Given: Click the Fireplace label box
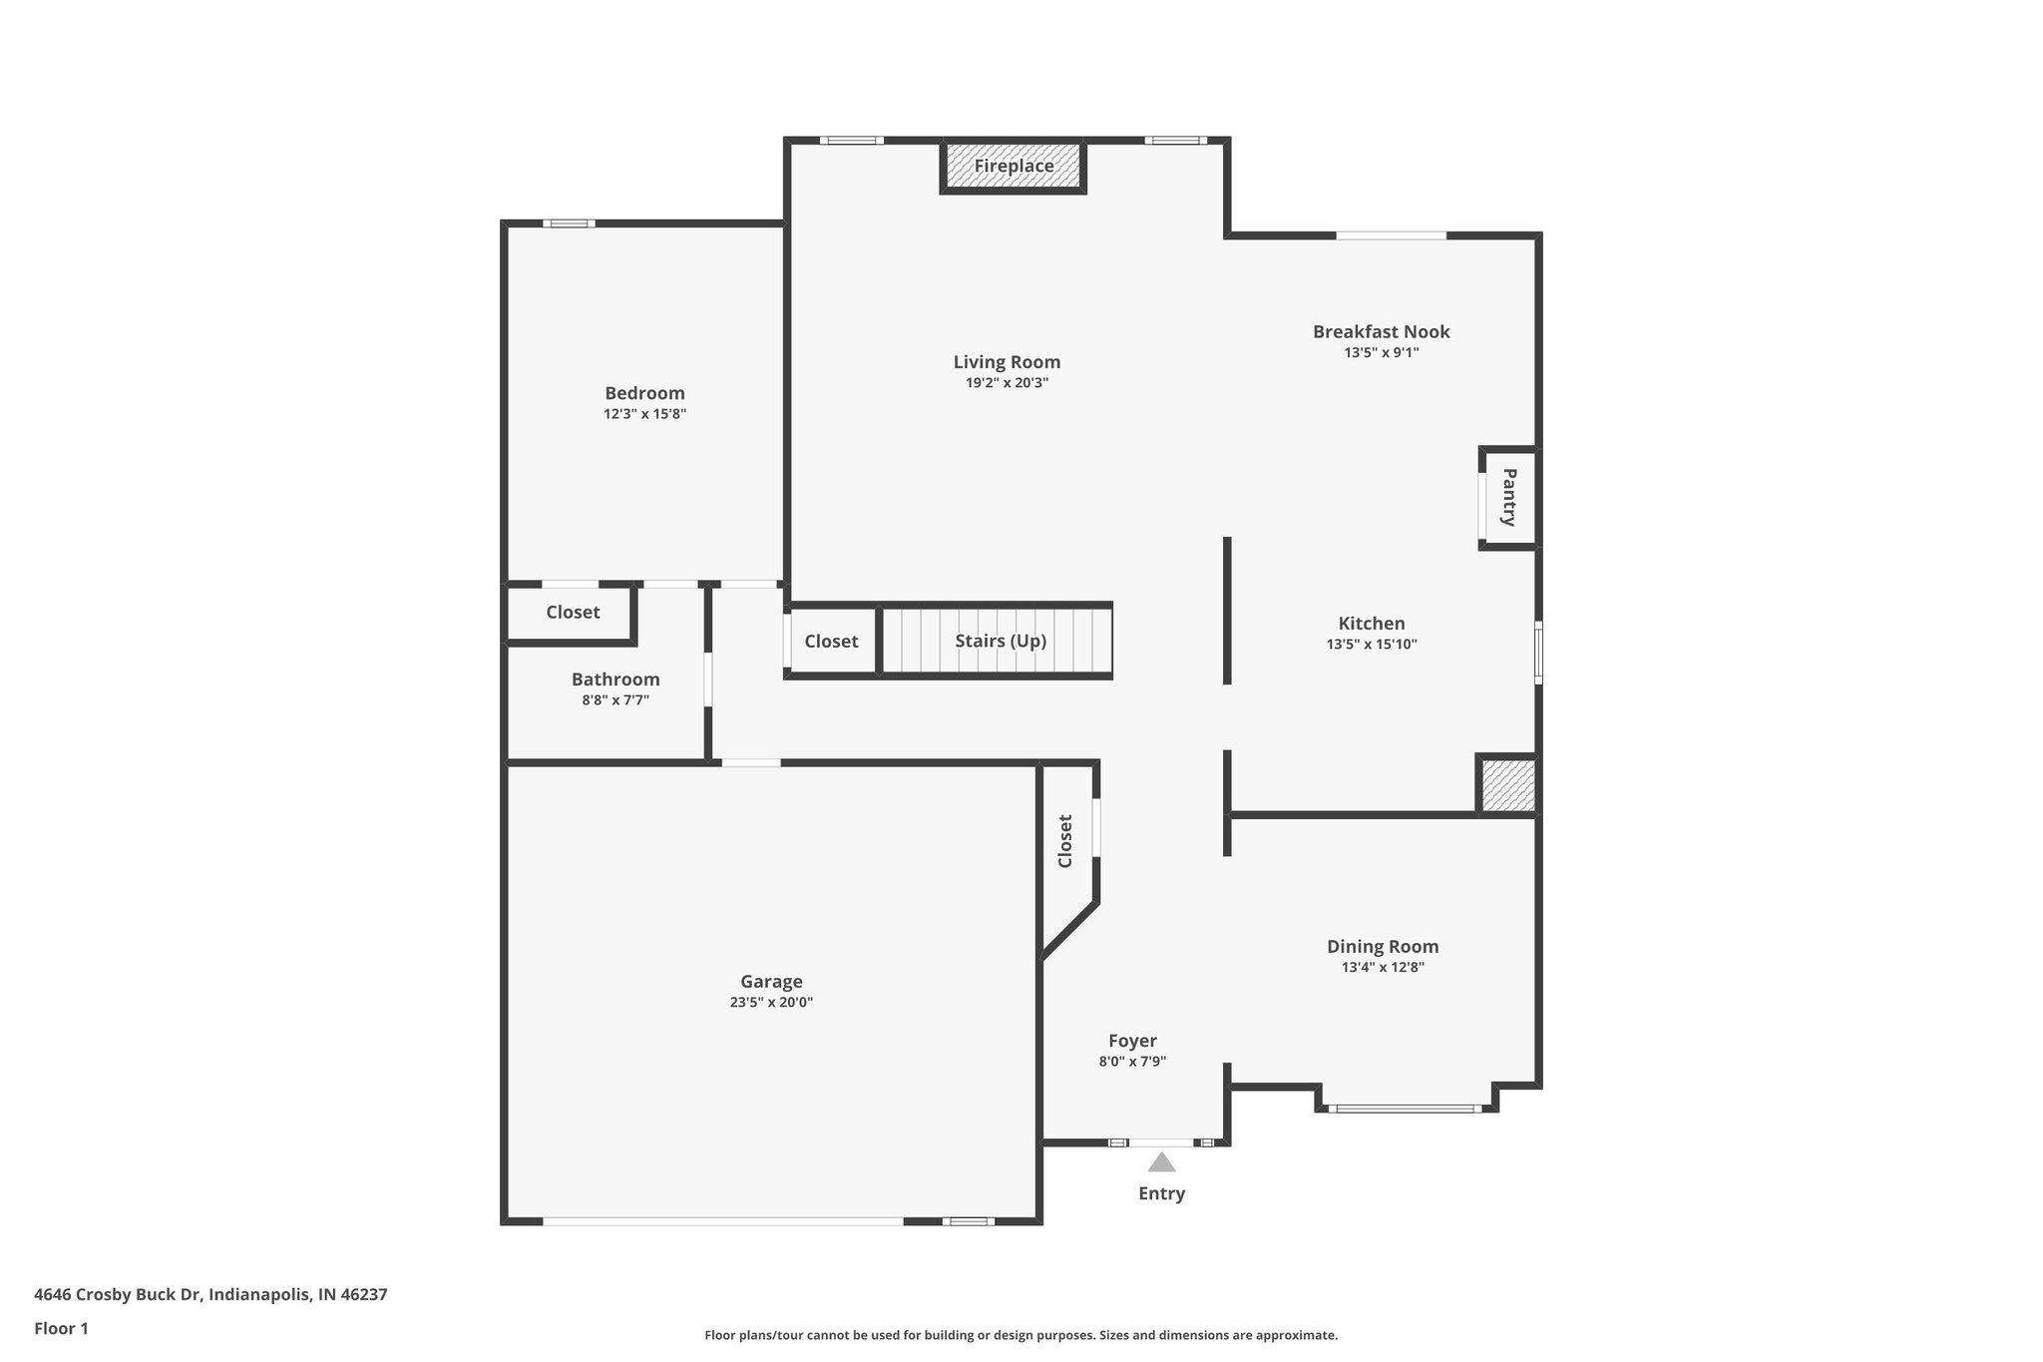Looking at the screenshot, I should pyautogui.click(x=1013, y=167).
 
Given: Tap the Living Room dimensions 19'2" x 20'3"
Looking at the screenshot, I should pyautogui.click(x=1007, y=383).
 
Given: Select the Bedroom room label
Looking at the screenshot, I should pyautogui.click(x=644, y=393).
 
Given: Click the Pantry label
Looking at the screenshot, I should pyautogui.click(x=1509, y=497).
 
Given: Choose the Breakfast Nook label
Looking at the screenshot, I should pyautogui.click(x=1381, y=332).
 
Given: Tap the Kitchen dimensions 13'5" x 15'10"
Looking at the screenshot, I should pyautogui.click(x=1371, y=645).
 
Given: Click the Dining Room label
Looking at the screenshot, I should pyautogui.click(x=1382, y=947).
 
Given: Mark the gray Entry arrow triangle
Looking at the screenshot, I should pyautogui.click(x=1161, y=1162).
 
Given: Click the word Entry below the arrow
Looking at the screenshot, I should pyautogui.click(x=1161, y=1193).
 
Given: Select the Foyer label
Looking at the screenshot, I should pyautogui.click(x=1132, y=1042).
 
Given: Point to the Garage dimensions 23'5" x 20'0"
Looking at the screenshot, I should pyautogui.click(x=771, y=1003).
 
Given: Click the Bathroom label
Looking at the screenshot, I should pyautogui.click(x=615, y=680).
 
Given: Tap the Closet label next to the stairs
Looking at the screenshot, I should pyautogui.click(x=831, y=642).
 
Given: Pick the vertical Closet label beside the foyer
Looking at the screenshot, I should pyautogui.click(x=1065, y=841).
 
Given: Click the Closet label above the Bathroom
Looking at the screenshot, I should pyautogui.click(x=573, y=613).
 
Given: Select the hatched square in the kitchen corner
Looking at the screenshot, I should pyautogui.click(x=1507, y=785).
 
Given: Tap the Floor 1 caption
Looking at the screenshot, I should pyautogui.click(x=61, y=1329).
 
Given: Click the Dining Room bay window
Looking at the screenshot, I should pyautogui.click(x=1405, y=1109).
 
